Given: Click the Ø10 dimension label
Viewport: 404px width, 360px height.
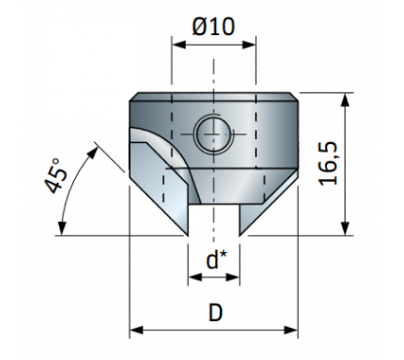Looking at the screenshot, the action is pyautogui.click(x=213, y=26).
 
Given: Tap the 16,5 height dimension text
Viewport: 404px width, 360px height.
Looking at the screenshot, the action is pyautogui.click(x=329, y=163).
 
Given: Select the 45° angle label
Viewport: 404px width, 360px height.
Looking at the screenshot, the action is pyautogui.click(x=56, y=175).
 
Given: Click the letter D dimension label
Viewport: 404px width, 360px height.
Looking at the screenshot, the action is pyautogui.click(x=215, y=313).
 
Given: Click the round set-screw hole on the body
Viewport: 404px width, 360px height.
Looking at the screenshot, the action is pyautogui.click(x=213, y=133).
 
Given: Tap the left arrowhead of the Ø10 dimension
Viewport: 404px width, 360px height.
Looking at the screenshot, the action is pyautogui.click(x=179, y=45).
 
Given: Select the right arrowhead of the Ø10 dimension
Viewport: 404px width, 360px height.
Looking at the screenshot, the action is pyautogui.click(x=249, y=45).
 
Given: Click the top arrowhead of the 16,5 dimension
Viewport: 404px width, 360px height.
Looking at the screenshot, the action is pyautogui.click(x=346, y=100).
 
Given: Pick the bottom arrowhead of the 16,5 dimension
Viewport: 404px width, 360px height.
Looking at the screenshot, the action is pyautogui.click(x=346, y=228).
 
